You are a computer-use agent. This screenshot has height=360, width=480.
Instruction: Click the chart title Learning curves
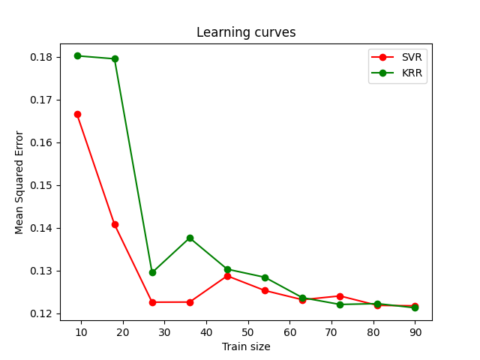click(x=246, y=32)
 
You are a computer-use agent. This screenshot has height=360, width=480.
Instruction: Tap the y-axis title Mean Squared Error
click(x=19, y=182)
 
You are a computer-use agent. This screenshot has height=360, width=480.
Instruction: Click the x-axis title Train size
click(x=246, y=346)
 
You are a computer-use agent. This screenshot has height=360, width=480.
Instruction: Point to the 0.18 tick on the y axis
click(x=41, y=57)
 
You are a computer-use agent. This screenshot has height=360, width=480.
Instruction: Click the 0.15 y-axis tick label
click(x=41, y=185)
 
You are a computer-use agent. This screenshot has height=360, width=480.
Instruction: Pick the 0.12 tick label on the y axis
click(x=41, y=313)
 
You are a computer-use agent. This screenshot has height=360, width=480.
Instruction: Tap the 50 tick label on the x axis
click(x=248, y=331)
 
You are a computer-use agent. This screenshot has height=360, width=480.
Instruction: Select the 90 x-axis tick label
click(x=415, y=331)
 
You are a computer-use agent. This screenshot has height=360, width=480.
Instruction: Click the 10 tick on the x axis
click(x=82, y=331)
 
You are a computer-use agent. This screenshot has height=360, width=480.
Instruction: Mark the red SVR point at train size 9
click(x=77, y=114)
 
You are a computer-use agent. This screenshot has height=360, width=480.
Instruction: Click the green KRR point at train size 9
click(x=77, y=55)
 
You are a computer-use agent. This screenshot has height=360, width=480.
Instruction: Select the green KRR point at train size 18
click(x=115, y=58)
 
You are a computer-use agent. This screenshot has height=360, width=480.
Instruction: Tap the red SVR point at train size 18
click(x=115, y=224)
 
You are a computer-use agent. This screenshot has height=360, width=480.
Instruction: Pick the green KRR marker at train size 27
click(x=152, y=272)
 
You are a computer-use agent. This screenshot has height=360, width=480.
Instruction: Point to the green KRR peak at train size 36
click(x=190, y=238)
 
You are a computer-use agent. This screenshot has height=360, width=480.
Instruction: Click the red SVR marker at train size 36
click(x=190, y=302)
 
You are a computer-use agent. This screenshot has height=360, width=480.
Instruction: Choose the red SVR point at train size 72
click(x=340, y=296)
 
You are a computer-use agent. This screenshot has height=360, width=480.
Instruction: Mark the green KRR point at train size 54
click(x=265, y=277)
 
